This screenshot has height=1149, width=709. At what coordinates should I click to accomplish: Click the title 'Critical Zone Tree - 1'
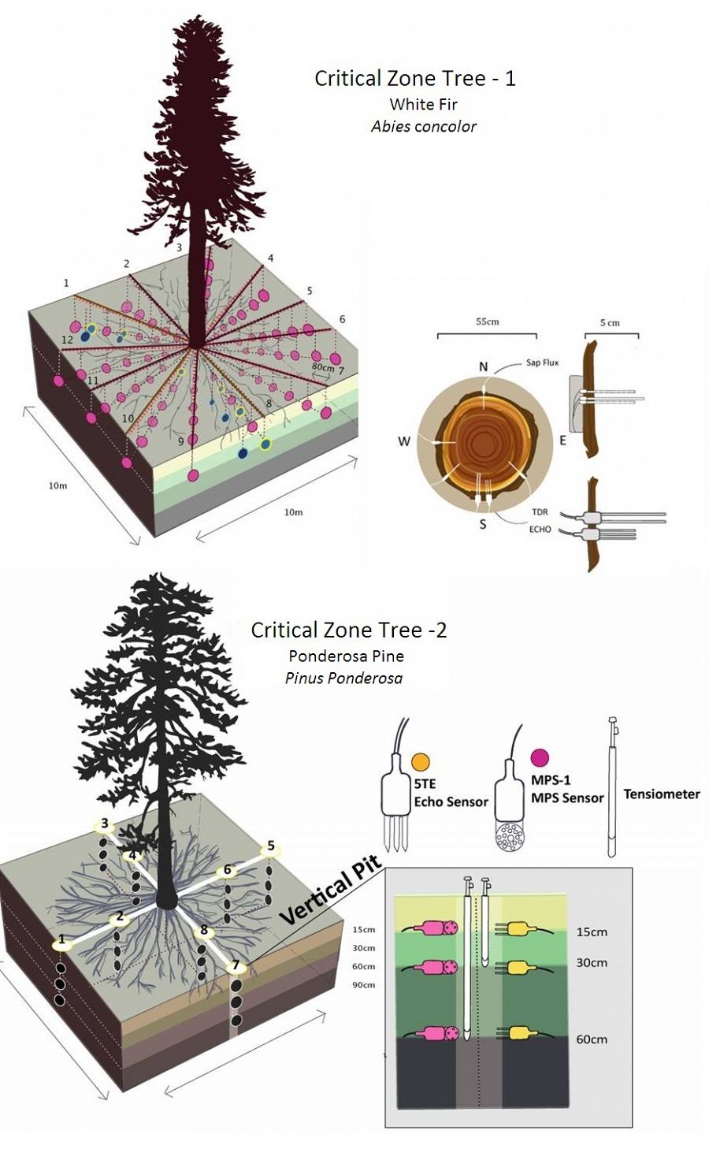414,78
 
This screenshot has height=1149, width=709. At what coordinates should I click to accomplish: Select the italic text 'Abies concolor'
423,126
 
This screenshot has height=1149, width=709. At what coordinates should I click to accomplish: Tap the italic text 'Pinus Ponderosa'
343,678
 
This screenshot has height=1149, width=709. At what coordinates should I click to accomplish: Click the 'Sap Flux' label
542,363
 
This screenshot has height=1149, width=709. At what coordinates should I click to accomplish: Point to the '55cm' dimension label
487,322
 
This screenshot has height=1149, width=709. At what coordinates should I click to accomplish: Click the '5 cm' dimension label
609,322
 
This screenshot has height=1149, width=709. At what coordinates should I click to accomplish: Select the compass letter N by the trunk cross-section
483,366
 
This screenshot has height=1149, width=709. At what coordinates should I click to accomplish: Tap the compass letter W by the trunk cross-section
403,441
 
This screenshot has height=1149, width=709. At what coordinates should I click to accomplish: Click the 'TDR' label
540,512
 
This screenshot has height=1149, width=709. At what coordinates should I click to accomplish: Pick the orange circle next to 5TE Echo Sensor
421,761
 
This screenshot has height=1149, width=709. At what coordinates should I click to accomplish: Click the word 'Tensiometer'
661,794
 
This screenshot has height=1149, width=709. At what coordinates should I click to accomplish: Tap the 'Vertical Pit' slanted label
330,890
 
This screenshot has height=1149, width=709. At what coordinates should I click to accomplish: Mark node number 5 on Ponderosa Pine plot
271,847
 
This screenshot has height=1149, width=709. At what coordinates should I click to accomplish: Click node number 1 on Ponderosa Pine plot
61,940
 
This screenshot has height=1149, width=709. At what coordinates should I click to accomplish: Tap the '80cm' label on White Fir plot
323,366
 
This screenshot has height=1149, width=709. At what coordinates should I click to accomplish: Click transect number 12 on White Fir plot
68,339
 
